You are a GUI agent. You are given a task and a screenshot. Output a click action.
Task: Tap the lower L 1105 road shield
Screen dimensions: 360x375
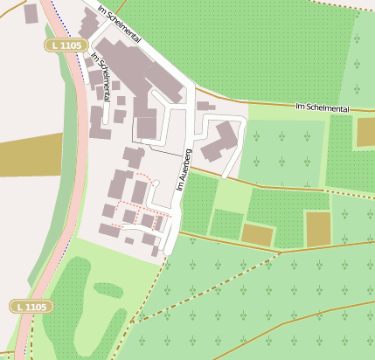click(31, 307)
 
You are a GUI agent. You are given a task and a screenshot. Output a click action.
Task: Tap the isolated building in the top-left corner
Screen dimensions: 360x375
click(31, 13)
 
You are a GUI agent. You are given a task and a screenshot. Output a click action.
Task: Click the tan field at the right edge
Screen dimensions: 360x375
click(365, 131)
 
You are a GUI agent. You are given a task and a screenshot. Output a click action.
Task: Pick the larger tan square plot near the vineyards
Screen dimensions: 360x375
click(318, 229)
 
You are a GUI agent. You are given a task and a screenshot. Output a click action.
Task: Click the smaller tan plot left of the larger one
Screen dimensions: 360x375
click(257, 233)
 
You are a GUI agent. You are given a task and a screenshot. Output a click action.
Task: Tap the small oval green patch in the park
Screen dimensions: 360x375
click(108, 289)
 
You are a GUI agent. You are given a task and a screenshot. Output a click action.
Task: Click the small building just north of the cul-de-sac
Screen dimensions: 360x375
click(206, 106)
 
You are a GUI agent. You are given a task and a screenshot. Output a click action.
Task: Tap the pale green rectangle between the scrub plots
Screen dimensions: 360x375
click(231, 197)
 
